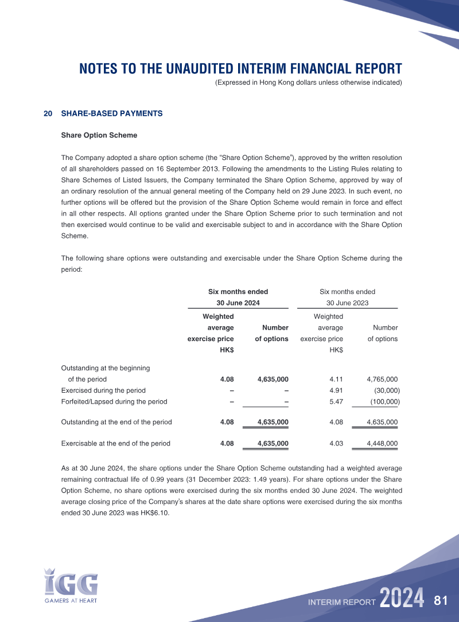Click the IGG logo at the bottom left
coord(71,584)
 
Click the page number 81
coord(441,601)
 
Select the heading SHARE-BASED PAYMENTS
coord(112,114)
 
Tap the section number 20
coord(48,114)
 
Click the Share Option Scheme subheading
coord(99,135)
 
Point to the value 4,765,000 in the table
coord(382,379)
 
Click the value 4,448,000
coord(382,443)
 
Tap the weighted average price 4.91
coord(336,390)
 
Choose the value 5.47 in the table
coord(336,401)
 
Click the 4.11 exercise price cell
coord(336,379)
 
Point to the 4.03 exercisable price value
coord(336,443)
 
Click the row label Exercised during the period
coord(103,390)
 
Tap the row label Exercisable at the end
coord(115,443)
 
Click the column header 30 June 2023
coord(347,303)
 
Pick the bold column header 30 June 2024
coord(238,303)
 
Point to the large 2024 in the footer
coord(402,598)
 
